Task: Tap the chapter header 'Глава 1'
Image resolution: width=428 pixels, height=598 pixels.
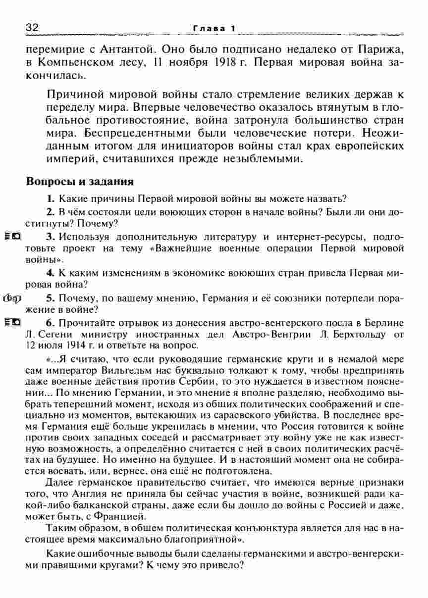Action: click(214, 29)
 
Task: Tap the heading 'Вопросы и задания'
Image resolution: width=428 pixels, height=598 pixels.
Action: click(80, 181)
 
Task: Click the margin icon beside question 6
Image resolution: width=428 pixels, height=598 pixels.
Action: click(12, 323)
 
